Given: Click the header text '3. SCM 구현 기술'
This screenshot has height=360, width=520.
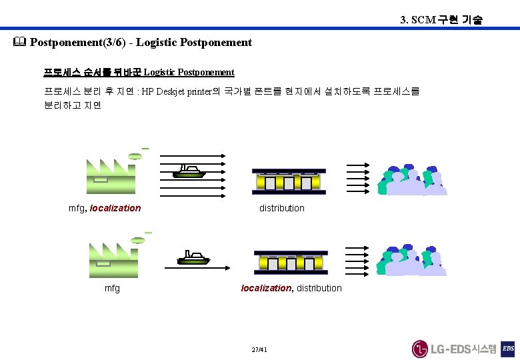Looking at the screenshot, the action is click(x=441, y=20).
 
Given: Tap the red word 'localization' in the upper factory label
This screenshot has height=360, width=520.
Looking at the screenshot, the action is click(x=115, y=208).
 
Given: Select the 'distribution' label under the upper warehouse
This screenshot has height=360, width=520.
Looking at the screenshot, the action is click(x=281, y=208).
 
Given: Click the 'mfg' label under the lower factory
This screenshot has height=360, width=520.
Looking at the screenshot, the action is click(x=113, y=288).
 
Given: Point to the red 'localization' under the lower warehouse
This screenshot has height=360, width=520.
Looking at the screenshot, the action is click(x=266, y=288).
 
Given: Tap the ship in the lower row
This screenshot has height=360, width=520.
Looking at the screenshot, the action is click(x=193, y=257).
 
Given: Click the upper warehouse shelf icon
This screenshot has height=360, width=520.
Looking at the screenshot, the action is click(x=289, y=181).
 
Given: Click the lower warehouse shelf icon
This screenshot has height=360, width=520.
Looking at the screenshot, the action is click(x=291, y=262).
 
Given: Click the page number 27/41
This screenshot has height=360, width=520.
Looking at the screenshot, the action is click(x=259, y=349).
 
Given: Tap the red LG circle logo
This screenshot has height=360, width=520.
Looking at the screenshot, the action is click(x=419, y=349).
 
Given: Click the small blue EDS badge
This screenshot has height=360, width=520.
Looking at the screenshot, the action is click(x=508, y=348).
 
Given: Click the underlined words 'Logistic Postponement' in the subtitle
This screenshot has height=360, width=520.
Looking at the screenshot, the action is click(x=189, y=72).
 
